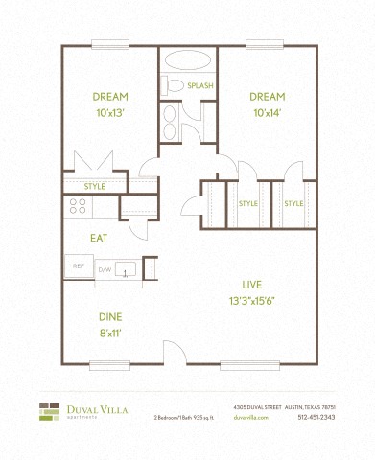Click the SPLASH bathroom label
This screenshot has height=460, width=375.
200,85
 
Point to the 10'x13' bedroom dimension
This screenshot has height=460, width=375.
110,112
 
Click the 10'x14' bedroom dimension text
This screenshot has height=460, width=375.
269,112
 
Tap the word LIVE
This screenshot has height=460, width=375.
253,285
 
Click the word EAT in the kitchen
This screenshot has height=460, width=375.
98,238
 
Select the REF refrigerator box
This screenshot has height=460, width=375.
79,266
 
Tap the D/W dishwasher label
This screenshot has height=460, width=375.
105,270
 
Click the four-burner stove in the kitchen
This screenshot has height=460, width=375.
78,205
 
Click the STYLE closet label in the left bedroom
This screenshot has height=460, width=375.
94,186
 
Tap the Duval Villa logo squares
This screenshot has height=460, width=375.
49,412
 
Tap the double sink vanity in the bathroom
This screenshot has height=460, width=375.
170,122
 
